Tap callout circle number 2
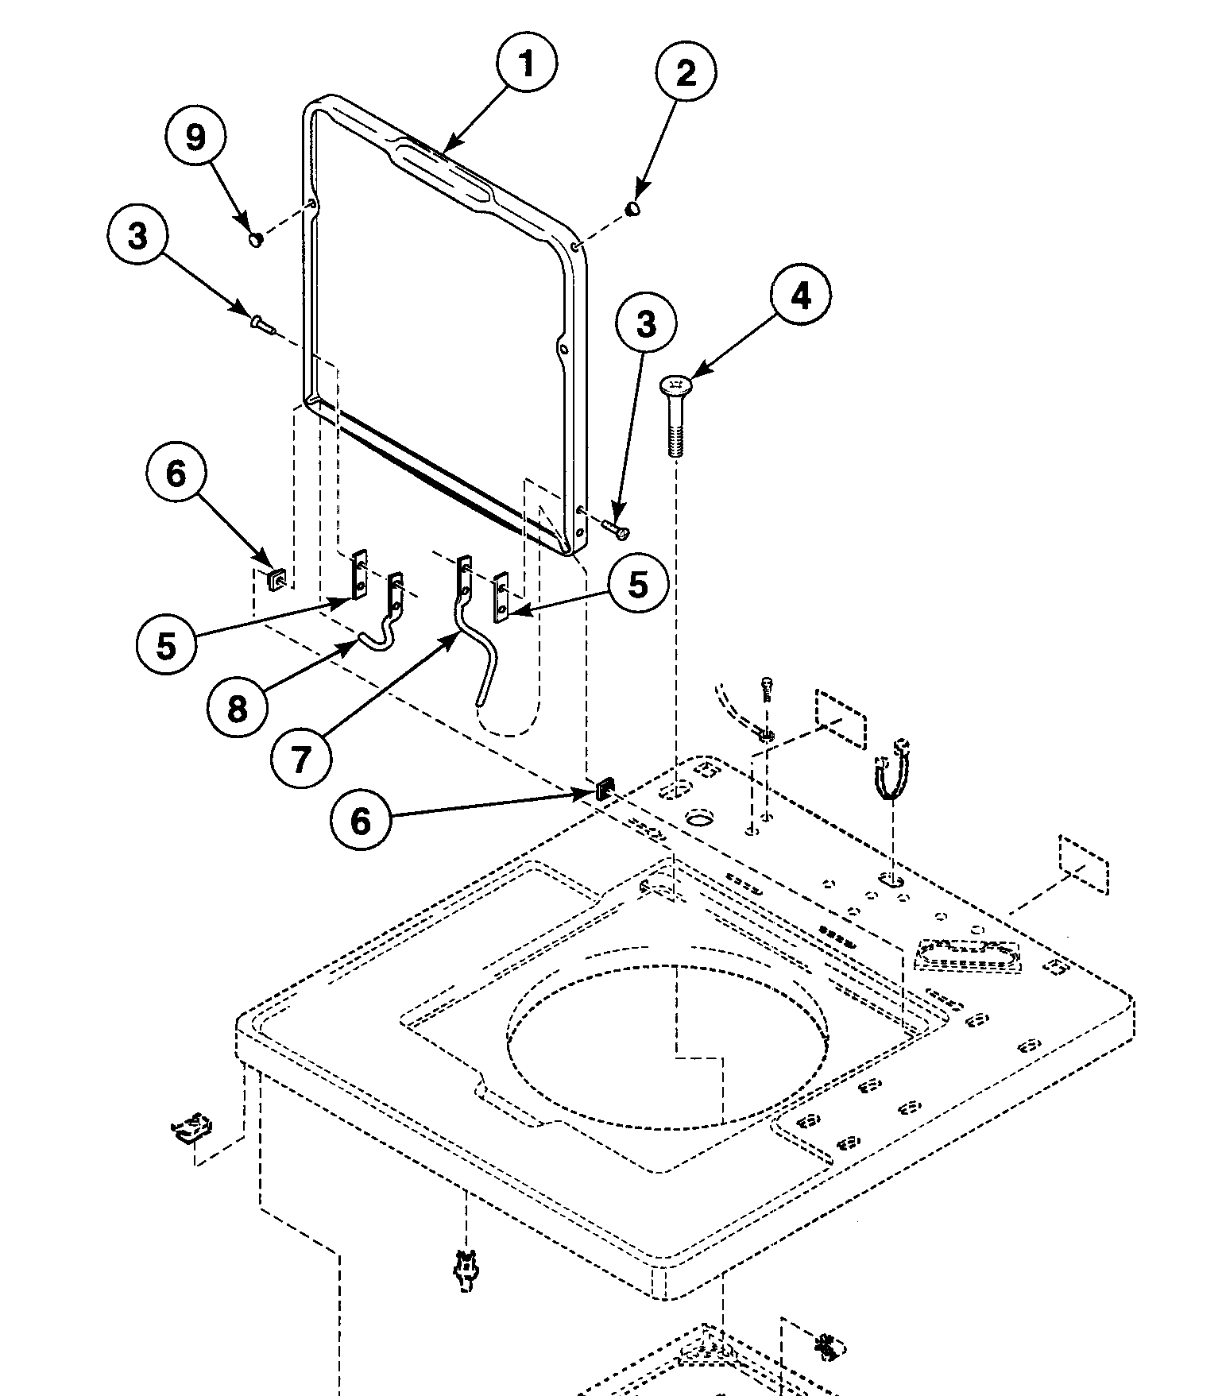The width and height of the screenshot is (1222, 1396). [686, 73]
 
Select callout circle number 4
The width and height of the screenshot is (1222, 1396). [800, 296]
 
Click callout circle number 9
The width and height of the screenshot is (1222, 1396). [195, 137]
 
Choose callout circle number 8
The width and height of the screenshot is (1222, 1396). [237, 709]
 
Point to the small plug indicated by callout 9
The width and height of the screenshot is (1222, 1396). [256, 238]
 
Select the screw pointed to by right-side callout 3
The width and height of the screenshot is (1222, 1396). [617, 528]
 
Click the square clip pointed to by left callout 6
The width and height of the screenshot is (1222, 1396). [277, 580]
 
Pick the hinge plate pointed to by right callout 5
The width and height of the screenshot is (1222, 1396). [501, 597]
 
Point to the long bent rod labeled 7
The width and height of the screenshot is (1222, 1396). [477, 644]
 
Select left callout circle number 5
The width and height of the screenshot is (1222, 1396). [165, 645]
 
